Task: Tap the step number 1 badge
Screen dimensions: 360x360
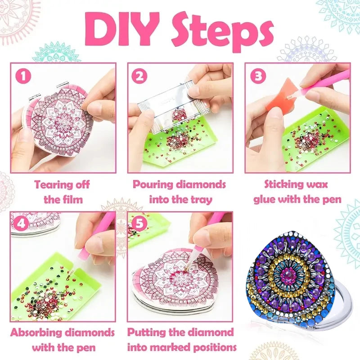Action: click(24, 76)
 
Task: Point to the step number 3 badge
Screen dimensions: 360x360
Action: click(257, 76)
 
